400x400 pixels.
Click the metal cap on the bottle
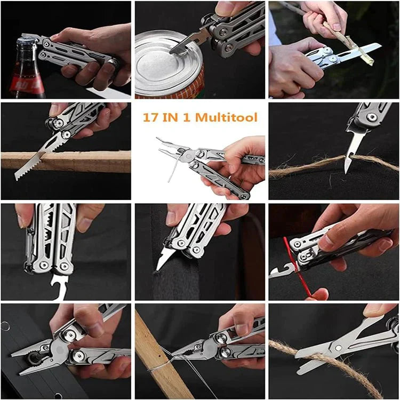[x=27, y=42]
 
